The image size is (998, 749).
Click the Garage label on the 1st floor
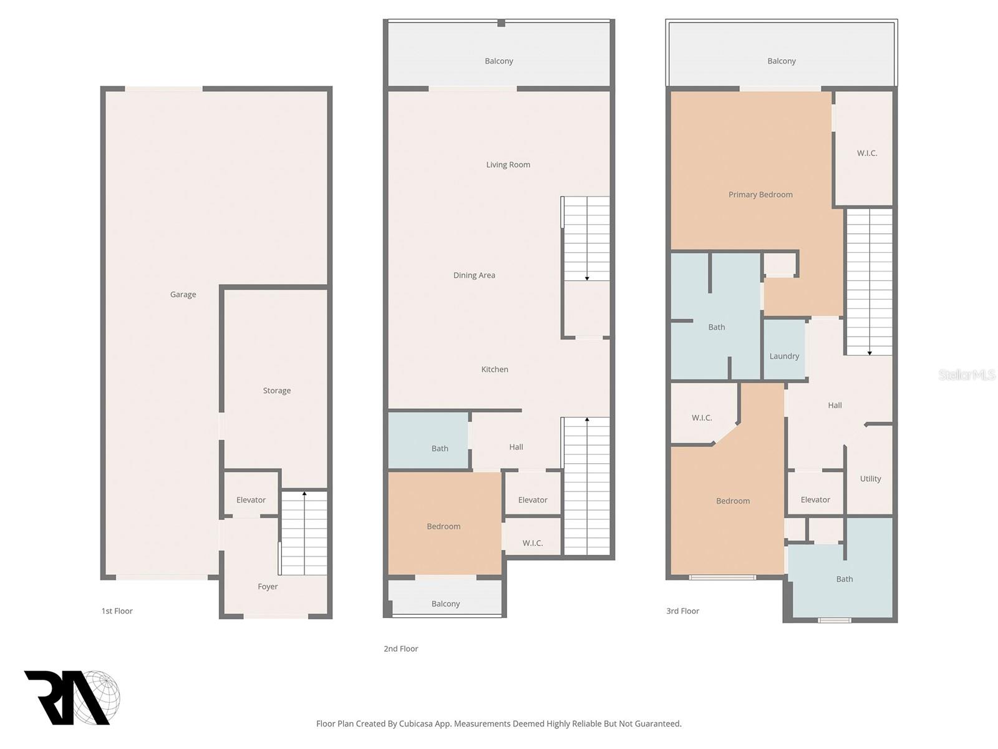point(183,294)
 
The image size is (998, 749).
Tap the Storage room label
point(276,390)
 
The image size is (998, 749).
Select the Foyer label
point(268,586)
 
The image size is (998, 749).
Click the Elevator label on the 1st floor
point(251,499)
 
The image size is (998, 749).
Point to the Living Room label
point(508,164)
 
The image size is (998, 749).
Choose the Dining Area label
point(474,275)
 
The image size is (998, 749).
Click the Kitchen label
point(494,369)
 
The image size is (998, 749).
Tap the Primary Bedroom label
point(760,194)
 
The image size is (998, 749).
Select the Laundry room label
point(784,356)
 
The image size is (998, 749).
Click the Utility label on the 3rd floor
point(870,478)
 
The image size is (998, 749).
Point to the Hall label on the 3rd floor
point(835,404)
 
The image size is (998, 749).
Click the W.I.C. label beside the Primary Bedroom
point(866,153)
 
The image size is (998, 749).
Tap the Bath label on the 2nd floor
point(440,448)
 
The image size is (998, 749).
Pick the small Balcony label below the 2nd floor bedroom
point(445,604)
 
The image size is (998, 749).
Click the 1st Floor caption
point(117,611)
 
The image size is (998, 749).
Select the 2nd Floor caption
point(400,649)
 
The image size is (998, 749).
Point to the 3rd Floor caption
point(682,611)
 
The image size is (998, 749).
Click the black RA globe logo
point(72,697)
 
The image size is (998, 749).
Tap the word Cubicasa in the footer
point(416,723)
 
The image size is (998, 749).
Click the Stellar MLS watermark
point(967,374)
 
